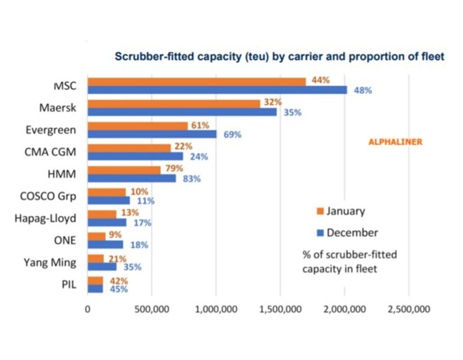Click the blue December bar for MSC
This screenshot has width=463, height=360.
(217, 90)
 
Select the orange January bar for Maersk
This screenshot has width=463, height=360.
(174, 104)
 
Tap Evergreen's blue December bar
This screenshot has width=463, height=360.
(152, 134)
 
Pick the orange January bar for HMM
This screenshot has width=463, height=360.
(124, 170)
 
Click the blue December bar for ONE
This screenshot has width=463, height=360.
(105, 245)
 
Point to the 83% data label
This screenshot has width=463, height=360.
(192, 179)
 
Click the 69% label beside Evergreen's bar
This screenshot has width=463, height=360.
(233, 135)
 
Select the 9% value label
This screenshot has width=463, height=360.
(115, 235)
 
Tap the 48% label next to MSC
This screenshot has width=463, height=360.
(363, 91)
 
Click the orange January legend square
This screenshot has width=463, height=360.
(320, 211)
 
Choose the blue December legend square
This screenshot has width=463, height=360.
(320, 233)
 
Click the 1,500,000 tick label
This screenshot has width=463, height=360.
(280, 309)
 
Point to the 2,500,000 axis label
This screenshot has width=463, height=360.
(409, 309)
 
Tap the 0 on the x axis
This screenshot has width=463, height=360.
(87, 309)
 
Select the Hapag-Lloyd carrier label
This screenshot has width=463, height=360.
(45, 219)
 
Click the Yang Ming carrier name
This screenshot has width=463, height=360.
(50, 263)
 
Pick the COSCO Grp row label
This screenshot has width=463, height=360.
(48, 196)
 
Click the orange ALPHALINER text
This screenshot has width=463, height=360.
(396, 142)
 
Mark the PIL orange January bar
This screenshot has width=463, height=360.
(95, 281)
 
